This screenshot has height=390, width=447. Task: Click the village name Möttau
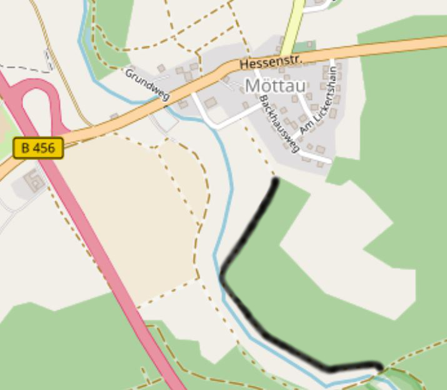(275, 86)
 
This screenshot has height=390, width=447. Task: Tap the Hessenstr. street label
(271, 62)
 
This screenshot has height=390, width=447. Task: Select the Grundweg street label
(147, 84)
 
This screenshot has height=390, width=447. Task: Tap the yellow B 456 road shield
(38, 148)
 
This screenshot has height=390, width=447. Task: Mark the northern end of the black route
(276, 181)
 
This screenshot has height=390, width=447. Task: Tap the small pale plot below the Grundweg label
(164, 119)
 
